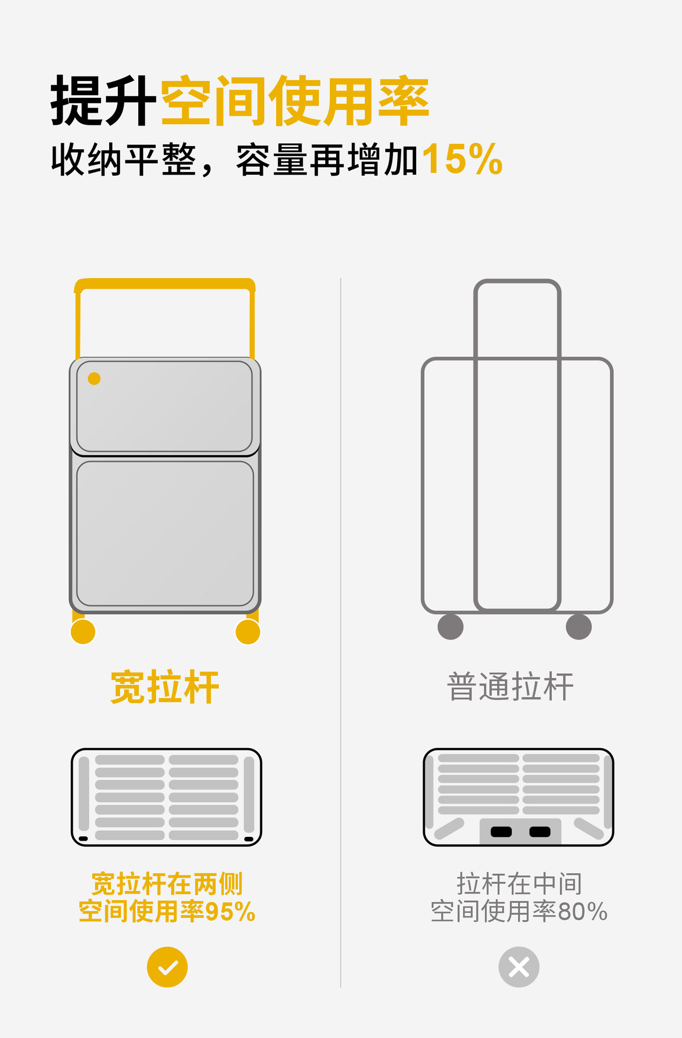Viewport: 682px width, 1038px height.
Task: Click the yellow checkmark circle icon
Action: coord(168,967)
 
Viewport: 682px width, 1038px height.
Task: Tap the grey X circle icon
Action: coord(519,967)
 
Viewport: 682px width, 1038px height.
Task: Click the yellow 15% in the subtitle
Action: coord(462,159)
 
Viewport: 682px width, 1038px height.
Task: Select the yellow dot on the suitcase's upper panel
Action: coord(94,378)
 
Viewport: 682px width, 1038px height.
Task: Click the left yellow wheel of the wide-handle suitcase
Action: coord(83,631)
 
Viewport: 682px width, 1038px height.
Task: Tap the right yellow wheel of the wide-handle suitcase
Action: coord(248,631)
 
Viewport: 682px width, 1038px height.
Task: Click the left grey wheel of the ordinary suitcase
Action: coord(451,627)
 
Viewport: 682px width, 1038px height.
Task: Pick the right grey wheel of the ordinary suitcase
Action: coord(579,627)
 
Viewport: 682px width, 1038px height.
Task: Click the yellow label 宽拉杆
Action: coord(165,687)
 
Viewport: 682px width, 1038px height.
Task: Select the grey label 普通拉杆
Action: coord(510,687)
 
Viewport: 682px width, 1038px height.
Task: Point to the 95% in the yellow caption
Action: coord(230,912)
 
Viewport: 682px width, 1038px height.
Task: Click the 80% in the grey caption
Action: coord(583,912)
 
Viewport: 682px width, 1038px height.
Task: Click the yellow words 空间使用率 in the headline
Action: coord(295,101)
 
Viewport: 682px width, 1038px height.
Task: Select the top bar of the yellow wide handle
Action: coord(165,284)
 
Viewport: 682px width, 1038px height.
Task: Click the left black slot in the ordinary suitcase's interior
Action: coord(501,832)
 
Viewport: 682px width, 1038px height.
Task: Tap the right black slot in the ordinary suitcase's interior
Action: coord(540,832)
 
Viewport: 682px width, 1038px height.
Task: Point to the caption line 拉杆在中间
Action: coord(519,884)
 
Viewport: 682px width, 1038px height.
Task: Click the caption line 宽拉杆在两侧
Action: coord(167,884)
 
